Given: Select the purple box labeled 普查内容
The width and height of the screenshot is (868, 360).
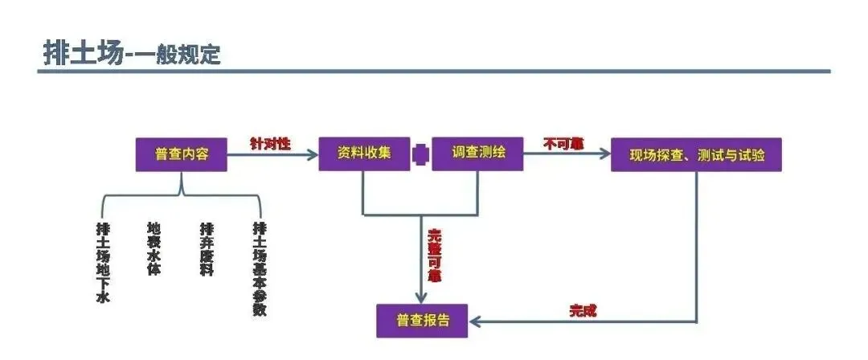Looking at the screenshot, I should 181,154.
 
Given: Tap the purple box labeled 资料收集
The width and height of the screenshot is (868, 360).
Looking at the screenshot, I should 365,153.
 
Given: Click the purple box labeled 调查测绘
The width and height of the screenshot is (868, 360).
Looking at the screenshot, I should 478,153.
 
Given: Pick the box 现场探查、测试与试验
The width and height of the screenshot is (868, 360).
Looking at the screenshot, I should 696,155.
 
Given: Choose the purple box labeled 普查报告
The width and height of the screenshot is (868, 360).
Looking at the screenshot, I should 423,321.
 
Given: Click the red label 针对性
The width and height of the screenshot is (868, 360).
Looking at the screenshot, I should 270,144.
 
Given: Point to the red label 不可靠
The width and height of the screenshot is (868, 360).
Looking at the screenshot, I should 563,144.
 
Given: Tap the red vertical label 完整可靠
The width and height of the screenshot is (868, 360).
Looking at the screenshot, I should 435,256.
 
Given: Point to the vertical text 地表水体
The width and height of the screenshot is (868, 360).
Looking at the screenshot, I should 154,249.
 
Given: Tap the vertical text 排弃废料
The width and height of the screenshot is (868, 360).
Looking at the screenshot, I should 207,250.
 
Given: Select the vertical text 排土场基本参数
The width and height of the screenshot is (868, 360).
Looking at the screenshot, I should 259,268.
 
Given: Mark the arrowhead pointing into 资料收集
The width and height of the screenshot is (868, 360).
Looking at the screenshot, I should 313,155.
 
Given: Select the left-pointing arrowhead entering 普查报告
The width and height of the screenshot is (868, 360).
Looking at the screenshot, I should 476,321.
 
